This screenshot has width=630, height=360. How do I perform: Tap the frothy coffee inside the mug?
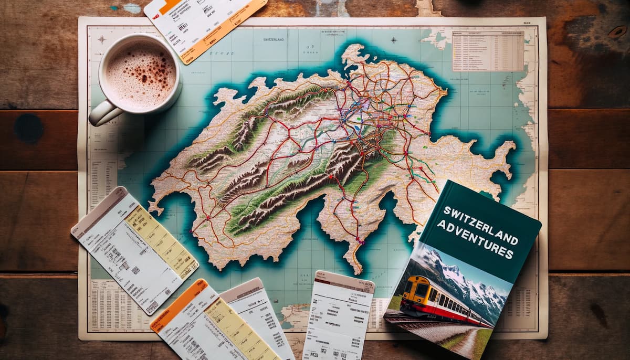coord(141,73)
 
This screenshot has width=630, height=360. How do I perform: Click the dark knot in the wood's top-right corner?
coord(617,31)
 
